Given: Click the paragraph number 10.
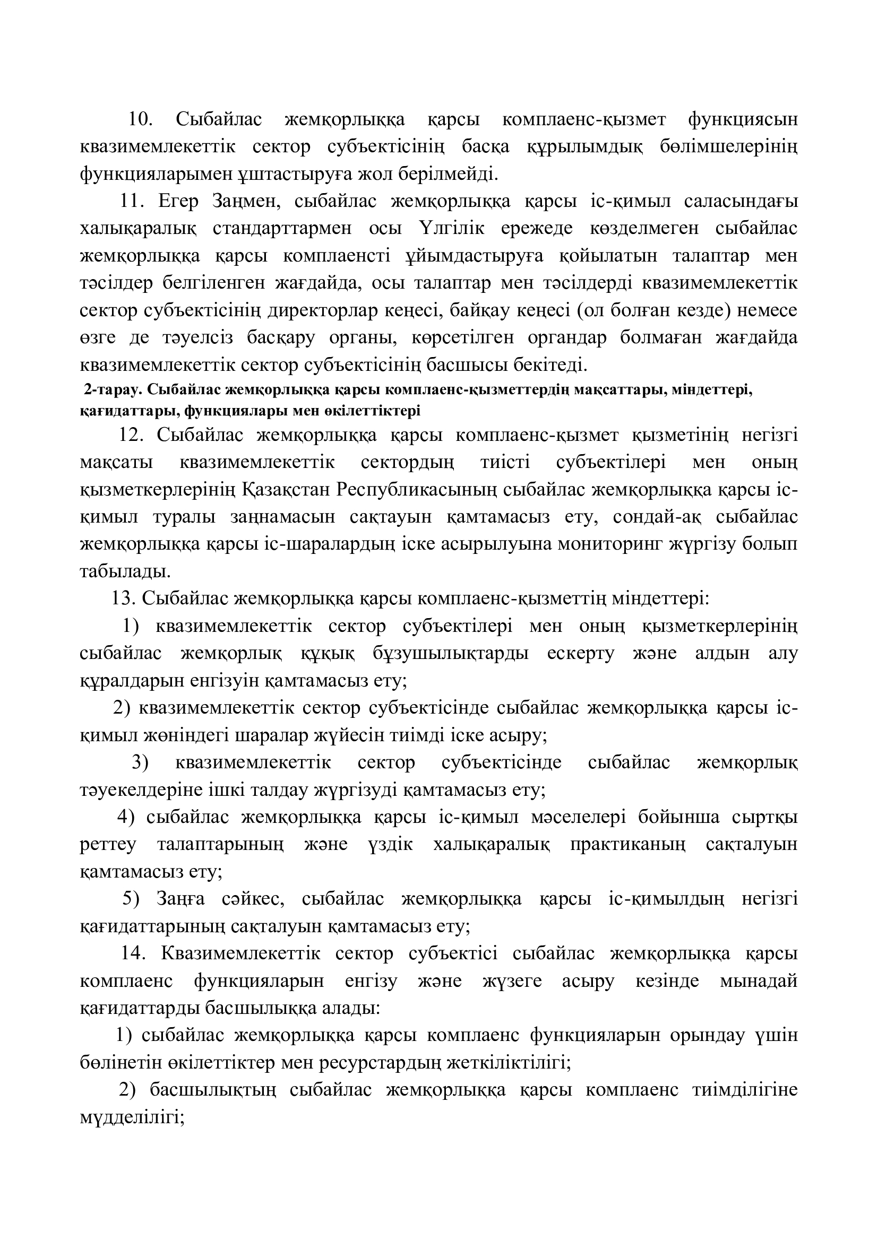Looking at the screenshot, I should pos(140,119).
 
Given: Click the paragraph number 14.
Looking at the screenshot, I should pos(133,953).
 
